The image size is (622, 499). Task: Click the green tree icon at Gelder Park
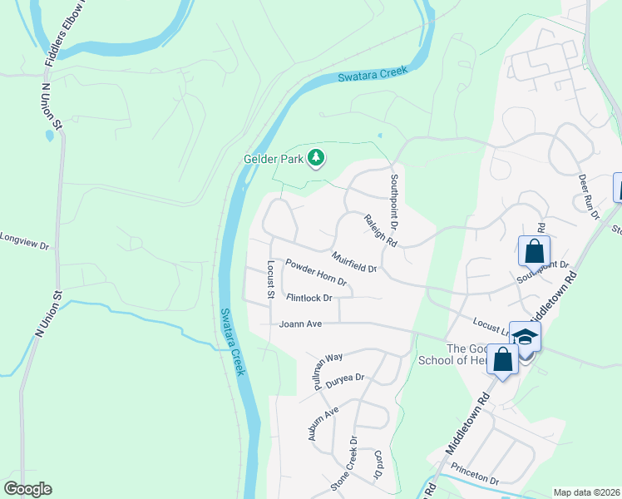(x=316, y=156)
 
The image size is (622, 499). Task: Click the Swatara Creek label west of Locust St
(x=233, y=341)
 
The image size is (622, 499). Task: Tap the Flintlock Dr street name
(x=309, y=297)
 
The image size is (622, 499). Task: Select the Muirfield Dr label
(x=354, y=262)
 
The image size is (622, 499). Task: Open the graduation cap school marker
(x=525, y=336)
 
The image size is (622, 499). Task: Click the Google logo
(x=27, y=489)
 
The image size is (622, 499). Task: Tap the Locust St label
(x=270, y=279)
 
